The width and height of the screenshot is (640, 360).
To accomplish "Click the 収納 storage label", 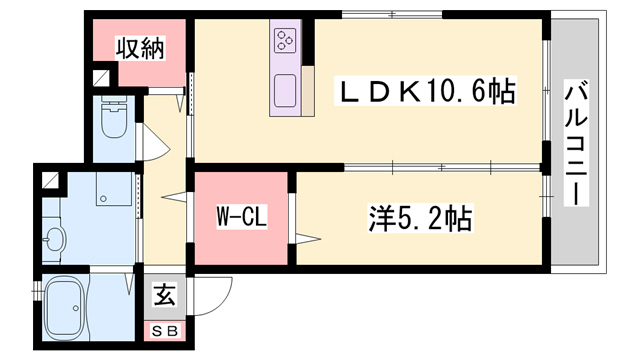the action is click(139, 48).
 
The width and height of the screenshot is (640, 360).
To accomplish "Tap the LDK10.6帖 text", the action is click(425, 93).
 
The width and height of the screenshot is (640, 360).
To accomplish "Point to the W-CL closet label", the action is click(240, 217).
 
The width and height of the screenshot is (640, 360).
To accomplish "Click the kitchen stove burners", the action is click(285, 41).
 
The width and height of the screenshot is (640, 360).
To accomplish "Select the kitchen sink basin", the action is click(285, 87).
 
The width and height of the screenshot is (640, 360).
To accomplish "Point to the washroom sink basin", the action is click(55, 238).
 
